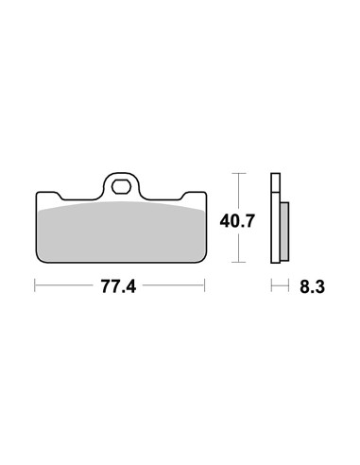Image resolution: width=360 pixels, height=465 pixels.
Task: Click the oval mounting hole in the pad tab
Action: click(x=120, y=185)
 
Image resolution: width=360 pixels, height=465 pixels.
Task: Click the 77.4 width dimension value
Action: click(x=120, y=284)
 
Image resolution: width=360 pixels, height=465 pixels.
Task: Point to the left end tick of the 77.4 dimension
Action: click(x=34, y=284)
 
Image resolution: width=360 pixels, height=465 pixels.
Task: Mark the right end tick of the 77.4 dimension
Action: click(x=206, y=284)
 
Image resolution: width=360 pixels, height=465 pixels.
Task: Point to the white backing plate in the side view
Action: click(x=275, y=217)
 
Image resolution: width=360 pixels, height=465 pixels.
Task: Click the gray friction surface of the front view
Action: click(x=120, y=232)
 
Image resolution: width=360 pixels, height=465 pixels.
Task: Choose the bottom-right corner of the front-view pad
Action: click(x=204, y=261)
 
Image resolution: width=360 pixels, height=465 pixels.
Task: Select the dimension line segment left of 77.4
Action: click(x=66, y=284)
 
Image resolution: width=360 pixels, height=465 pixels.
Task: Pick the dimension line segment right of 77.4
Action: click(x=175, y=284)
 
